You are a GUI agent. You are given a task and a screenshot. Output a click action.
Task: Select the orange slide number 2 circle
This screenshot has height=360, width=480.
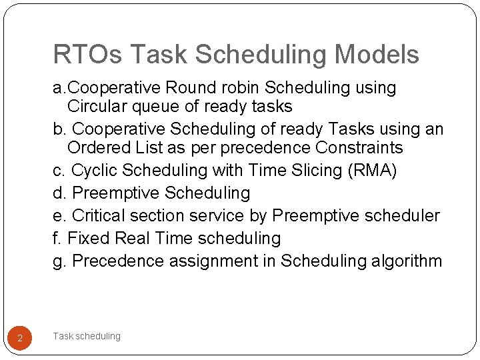point(20,339)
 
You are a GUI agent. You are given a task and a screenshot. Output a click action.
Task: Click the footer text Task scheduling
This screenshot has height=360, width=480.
point(87,336)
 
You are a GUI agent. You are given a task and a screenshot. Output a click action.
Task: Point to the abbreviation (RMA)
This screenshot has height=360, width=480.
point(372,171)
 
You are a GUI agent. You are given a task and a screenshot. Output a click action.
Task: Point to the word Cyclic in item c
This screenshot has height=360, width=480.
point(93,171)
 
